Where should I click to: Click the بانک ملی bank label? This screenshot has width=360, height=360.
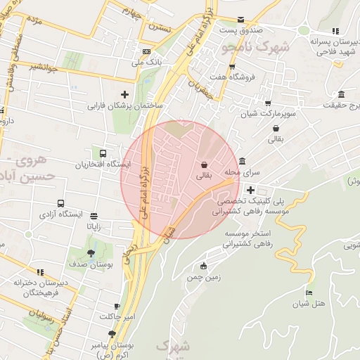[147, 63]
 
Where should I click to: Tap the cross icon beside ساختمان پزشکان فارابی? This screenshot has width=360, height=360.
[125, 94]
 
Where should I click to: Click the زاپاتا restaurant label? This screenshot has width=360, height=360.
[94, 226]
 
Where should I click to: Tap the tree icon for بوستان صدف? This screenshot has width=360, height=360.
[91, 253]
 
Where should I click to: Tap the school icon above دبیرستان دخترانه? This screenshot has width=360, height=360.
[40, 271]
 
